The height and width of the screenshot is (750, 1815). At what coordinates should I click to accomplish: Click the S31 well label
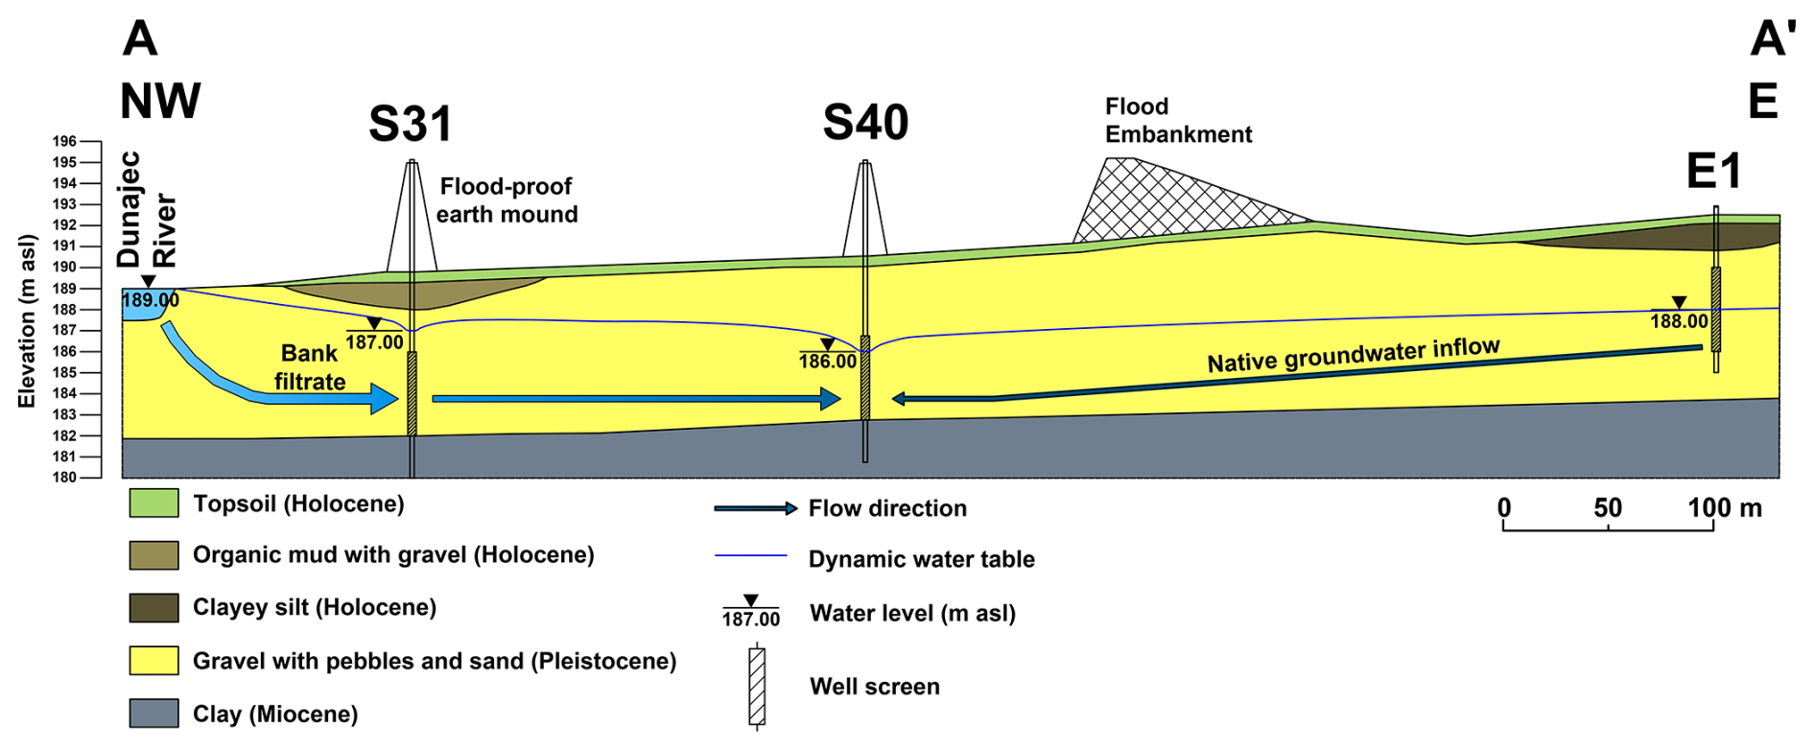coord(410,124)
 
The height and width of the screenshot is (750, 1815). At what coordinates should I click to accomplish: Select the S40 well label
coord(865,123)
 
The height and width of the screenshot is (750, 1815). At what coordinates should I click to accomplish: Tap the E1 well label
coord(1713,173)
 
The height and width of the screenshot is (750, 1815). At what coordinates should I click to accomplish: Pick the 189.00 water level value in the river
coord(150,300)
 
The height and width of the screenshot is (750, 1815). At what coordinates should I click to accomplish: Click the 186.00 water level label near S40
coord(827,362)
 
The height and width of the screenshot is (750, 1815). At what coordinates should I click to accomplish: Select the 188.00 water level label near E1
coord(1679,321)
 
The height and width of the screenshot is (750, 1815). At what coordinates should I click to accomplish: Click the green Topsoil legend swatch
coord(153,504)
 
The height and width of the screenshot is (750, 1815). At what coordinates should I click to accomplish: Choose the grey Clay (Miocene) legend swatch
coord(153,714)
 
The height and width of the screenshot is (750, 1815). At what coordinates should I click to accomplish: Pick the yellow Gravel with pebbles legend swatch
coord(153,661)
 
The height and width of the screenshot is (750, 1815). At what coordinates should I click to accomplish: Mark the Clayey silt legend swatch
coord(153,608)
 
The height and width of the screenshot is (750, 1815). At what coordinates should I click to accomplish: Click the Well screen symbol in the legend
coord(757,687)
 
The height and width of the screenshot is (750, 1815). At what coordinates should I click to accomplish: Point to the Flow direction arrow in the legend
coord(755,508)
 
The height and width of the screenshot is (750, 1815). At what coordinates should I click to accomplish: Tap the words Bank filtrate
coord(309,367)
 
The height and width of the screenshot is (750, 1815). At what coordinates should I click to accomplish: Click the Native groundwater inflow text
coord(1353,356)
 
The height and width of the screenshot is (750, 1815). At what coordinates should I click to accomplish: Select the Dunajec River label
coord(147,209)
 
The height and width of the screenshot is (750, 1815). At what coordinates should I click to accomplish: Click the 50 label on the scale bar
coord(1608,508)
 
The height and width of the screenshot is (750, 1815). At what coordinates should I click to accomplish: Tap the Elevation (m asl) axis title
coord(27,320)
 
